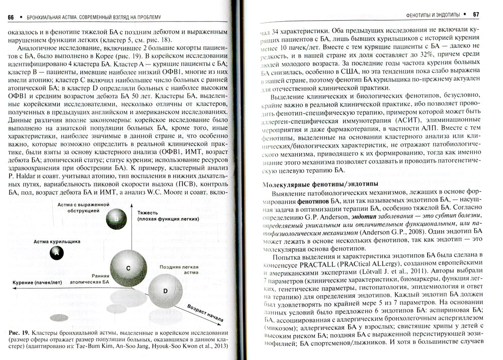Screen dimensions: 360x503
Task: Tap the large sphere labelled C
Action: coord(128,268)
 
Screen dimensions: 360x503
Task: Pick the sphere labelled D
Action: coord(165,290)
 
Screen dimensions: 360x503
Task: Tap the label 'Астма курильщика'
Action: coord(57,241)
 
